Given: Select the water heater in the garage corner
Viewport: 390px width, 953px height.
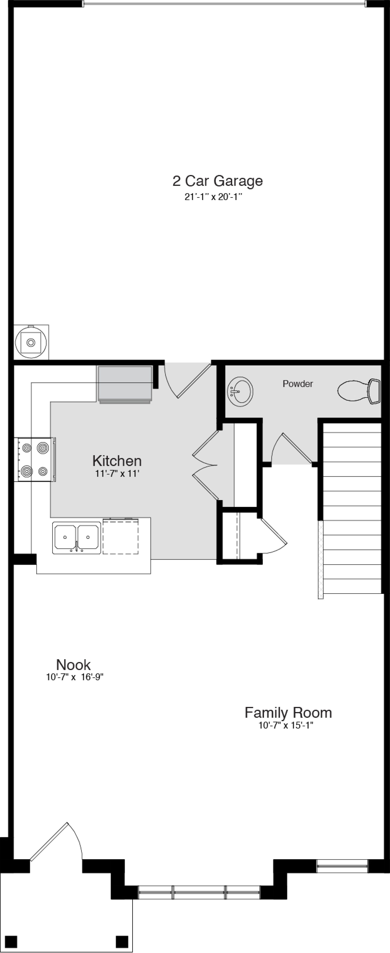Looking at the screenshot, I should [31, 342].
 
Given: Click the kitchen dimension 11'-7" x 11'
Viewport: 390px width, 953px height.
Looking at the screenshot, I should [117, 473].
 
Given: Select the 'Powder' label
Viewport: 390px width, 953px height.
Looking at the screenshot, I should [298, 384].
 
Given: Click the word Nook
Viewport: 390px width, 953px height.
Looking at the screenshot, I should [73, 665].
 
